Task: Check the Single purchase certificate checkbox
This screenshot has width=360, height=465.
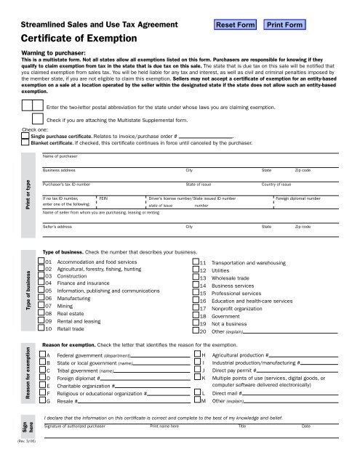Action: point(26,136)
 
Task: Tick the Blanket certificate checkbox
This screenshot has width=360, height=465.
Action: point(26,142)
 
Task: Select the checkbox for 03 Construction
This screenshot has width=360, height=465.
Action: point(40,276)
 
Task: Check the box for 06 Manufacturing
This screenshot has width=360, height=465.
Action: point(40,298)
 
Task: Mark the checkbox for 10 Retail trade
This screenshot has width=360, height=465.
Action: point(40,328)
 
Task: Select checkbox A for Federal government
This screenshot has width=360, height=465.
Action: point(40,355)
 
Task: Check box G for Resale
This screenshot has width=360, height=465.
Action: point(40,400)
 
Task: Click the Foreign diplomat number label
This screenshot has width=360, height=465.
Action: point(297,198)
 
